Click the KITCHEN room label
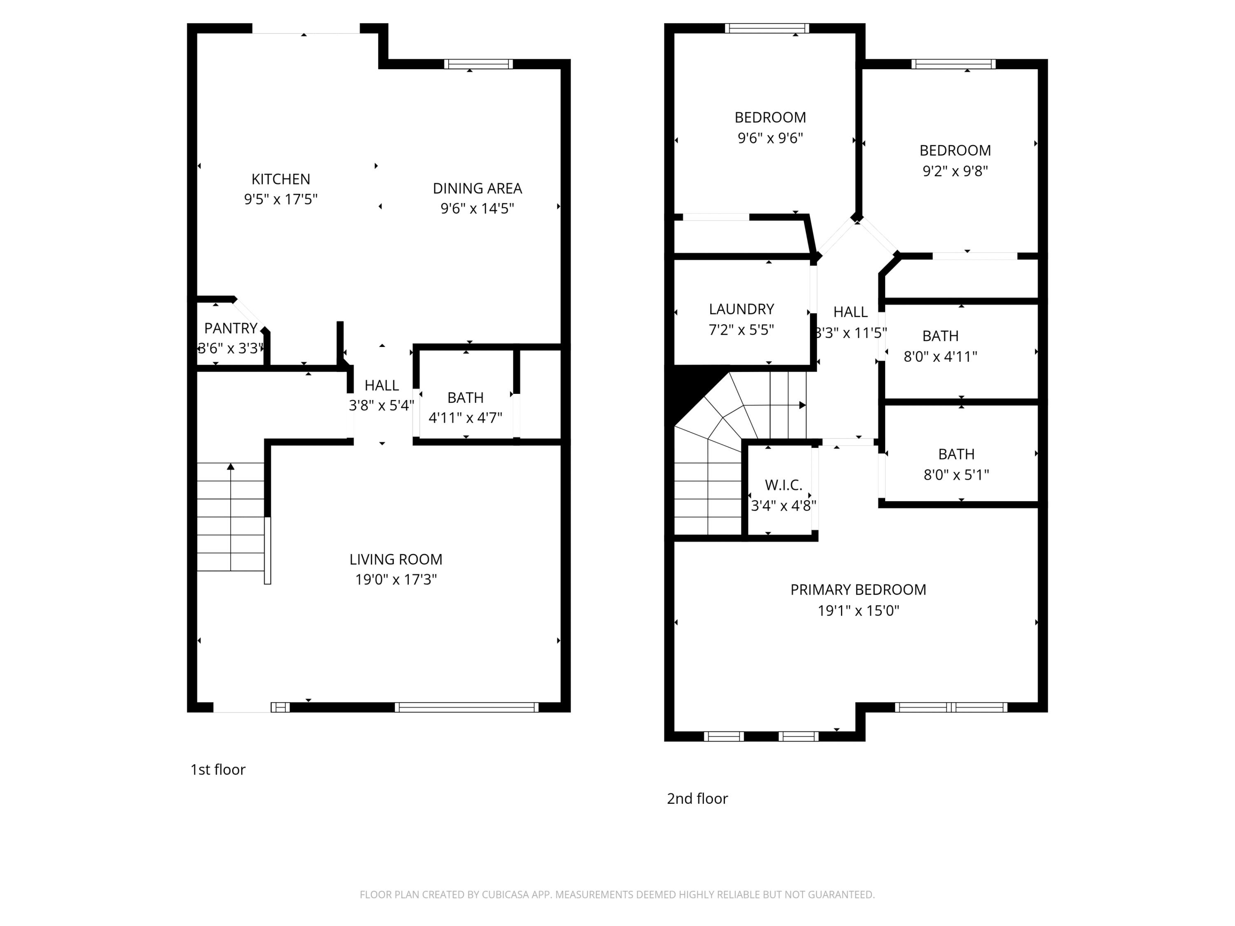tap(280, 179)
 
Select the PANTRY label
tap(231, 328)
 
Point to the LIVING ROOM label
tap(396, 559)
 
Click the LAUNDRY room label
tap(741, 309)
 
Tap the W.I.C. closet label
tap(783, 485)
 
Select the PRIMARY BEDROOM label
tap(858, 590)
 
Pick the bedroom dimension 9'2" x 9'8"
tap(955, 171)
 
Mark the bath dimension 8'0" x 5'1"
tap(956, 475)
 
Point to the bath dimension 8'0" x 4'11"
tap(940, 357)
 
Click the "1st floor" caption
tap(218, 770)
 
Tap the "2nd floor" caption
tap(697, 799)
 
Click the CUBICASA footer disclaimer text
tap(617, 895)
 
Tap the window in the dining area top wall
tap(478, 64)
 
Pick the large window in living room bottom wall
tap(467, 707)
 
